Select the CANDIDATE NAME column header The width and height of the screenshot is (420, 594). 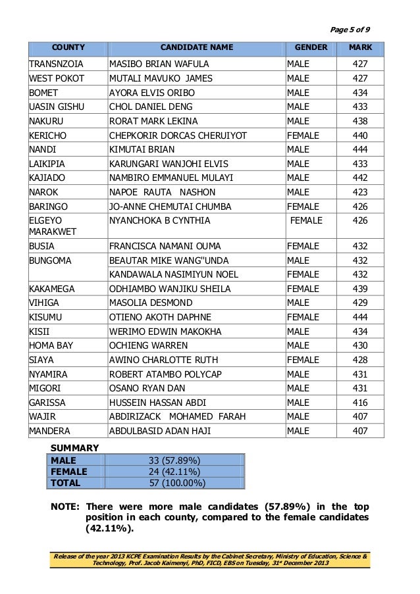tap(196, 48)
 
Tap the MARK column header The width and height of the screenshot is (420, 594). tap(360, 48)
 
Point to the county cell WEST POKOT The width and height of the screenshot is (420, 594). tap(57, 78)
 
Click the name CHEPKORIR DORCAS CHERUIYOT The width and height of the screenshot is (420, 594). tap(178, 136)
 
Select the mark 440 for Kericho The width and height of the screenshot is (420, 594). tap(360, 136)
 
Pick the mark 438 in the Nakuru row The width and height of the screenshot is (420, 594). tap(360, 121)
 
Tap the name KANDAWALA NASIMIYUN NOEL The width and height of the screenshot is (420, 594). tap(174, 274)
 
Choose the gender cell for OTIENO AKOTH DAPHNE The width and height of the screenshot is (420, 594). tap(303, 317)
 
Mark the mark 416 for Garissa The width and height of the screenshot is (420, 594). tap(360, 403)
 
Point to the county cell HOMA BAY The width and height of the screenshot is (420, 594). tap(51, 345)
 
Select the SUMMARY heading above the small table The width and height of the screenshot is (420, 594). tap(75, 448)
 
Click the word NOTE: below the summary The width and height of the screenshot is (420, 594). tap(66, 507)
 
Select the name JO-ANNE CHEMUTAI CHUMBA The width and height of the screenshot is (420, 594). tap(171, 207)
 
